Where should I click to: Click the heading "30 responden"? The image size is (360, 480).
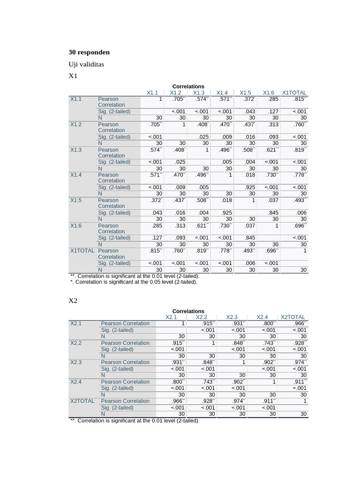click(89, 52)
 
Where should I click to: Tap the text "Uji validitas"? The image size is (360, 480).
click(86, 64)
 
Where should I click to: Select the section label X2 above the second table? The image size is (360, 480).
click(73, 300)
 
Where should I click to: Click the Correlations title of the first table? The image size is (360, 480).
click(188, 86)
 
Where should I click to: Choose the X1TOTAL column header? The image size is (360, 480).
click(294, 93)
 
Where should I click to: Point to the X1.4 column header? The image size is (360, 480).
click(222, 93)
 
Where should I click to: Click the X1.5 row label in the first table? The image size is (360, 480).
click(76, 200)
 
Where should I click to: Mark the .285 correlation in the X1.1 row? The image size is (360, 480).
click(273, 99)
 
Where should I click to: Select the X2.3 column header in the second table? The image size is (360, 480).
click(232, 317)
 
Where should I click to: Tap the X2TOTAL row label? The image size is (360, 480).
click(82, 401)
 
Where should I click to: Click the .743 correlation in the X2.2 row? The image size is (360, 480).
click(270, 343)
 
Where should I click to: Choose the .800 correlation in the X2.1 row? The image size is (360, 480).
click(270, 323)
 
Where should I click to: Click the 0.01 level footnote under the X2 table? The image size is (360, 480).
click(135, 420)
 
